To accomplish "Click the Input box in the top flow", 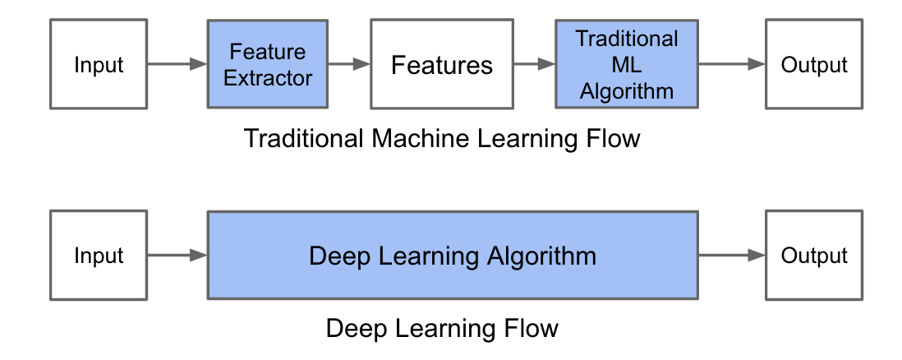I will (99, 65).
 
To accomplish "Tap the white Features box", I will (441, 65).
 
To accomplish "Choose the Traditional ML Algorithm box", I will (626, 65).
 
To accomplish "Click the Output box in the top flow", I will (813, 65).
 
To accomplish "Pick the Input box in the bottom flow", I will (99, 255).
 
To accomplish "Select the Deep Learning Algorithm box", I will (452, 255).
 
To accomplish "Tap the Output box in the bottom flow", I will (813, 255).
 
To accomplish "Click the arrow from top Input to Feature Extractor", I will (177, 64).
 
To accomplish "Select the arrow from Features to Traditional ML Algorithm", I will (534, 64).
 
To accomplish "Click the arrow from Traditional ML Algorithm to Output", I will (731, 64).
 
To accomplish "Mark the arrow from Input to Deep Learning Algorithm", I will (177, 255).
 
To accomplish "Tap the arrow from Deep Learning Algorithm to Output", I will (731, 255).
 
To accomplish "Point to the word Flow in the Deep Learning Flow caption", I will (531, 329).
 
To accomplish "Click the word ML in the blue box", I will (626, 65).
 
